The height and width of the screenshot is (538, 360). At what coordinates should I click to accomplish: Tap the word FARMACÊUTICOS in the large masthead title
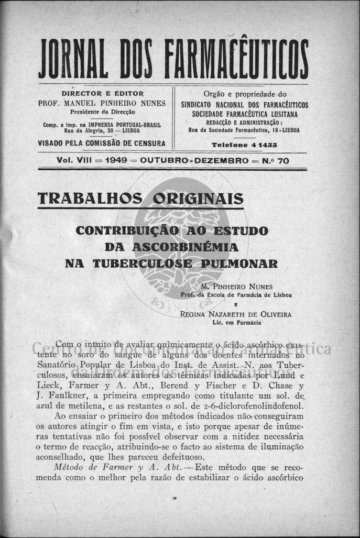click(x=236, y=58)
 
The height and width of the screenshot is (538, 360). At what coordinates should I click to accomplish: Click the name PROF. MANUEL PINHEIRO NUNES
click(x=102, y=103)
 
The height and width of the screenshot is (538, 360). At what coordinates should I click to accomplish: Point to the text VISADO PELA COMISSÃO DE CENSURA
click(x=102, y=143)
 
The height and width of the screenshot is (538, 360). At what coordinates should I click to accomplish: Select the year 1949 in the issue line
click(x=116, y=161)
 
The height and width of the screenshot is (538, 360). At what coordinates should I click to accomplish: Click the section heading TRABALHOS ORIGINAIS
click(x=141, y=199)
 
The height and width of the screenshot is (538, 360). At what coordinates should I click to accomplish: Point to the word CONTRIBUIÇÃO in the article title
click(x=133, y=230)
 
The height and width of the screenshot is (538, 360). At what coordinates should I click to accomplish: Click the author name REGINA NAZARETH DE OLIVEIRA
click(x=236, y=314)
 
